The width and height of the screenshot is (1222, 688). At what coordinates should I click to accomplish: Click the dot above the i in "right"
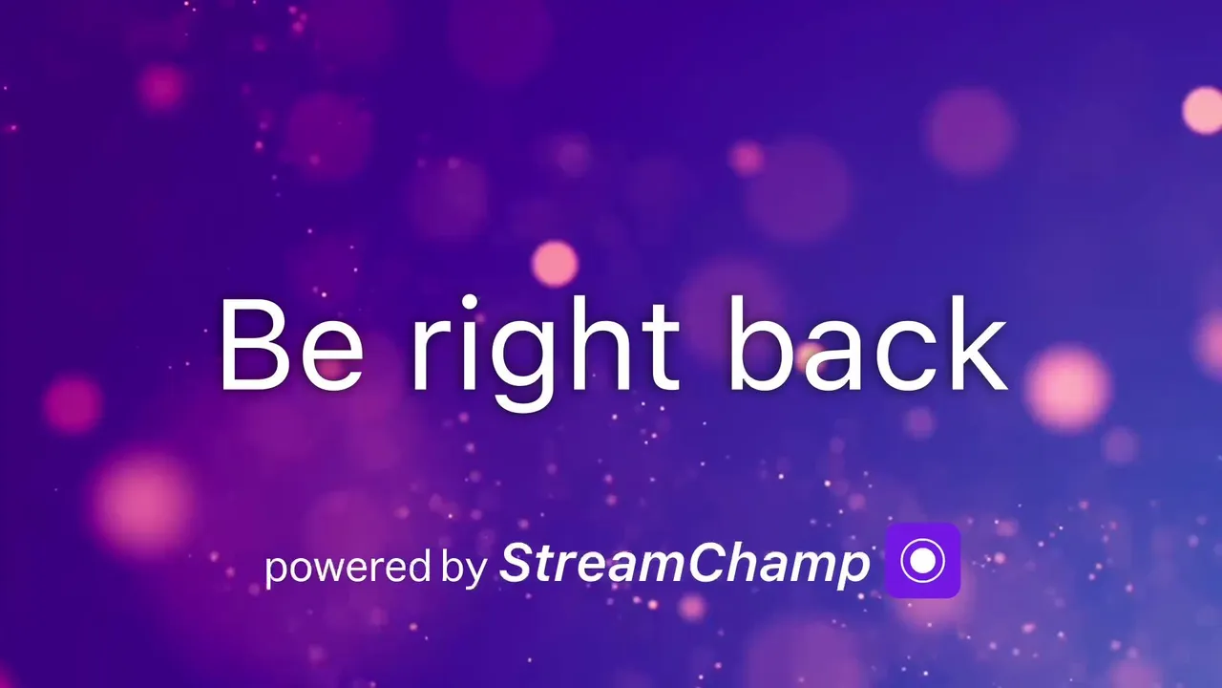(x=470, y=303)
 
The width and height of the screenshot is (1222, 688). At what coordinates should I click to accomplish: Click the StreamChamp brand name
(x=685, y=564)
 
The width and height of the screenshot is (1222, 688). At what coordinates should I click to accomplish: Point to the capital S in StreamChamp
(x=518, y=562)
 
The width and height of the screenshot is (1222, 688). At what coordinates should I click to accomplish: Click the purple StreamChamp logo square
(x=922, y=560)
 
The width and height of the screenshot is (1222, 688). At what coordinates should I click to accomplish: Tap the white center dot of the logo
(x=922, y=560)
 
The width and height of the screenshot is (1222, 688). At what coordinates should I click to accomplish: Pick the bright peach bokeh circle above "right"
(x=555, y=264)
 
